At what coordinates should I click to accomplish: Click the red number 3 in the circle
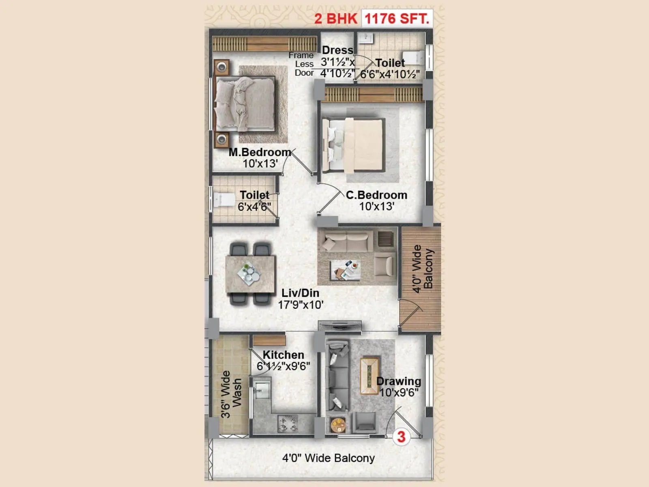pos(401,437)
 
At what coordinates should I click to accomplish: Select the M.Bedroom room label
pos(260,153)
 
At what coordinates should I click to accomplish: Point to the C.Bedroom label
pos(376,195)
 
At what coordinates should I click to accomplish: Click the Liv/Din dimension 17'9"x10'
pos(301,305)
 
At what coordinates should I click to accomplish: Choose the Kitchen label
pos(283,355)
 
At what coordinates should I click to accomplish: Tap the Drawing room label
pos(399,381)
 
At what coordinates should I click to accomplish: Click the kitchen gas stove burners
pos(288,423)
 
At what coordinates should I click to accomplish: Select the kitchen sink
pos(262,389)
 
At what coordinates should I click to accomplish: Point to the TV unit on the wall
pos(340,324)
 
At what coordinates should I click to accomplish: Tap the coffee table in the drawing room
pos(370,375)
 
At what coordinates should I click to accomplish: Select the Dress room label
pos(337,50)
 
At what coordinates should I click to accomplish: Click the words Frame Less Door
pos(302,64)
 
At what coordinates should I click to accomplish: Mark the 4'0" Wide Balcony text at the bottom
pos(328,458)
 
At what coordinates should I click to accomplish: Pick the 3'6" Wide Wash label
pos(231,394)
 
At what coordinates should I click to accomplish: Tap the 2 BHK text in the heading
pos(335,19)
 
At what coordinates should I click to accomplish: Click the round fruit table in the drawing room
pos(337,425)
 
